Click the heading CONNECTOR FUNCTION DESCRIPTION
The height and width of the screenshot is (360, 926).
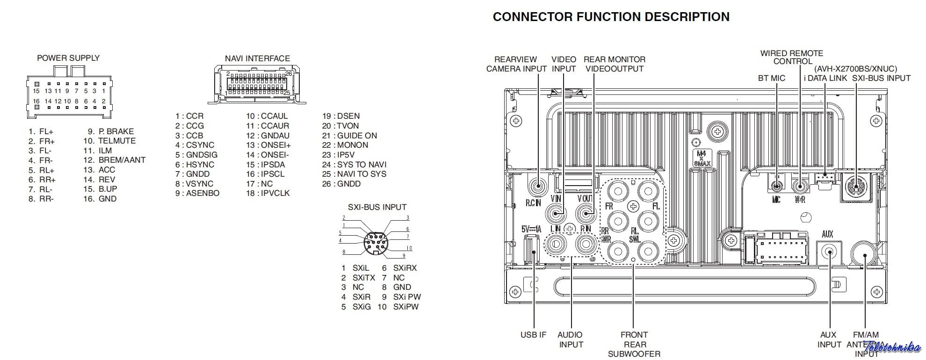click(x=611, y=17)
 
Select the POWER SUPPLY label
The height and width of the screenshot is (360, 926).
click(x=68, y=58)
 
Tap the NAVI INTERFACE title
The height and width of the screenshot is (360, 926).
click(x=257, y=58)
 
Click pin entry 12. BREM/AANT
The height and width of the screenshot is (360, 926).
click(x=115, y=160)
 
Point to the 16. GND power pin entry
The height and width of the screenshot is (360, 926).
click(x=100, y=199)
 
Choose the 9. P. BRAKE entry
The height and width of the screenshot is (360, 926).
click(x=111, y=131)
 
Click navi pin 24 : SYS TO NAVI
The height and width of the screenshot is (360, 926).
click(x=354, y=165)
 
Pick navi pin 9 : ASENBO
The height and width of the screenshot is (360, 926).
click(x=197, y=193)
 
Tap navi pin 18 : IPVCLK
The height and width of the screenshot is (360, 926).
click(x=268, y=193)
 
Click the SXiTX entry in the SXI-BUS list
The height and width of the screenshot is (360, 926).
click(x=358, y=278)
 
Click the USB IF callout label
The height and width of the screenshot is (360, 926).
click(x=533, y=335)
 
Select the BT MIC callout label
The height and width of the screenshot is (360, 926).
click(x=772, y=78)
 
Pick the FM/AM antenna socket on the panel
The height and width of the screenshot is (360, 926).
click(x=865, y=255)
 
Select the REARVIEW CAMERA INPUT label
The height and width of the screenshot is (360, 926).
click(x=516, y=64)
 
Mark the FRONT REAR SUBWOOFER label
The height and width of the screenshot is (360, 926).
click(x=634, y=344)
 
